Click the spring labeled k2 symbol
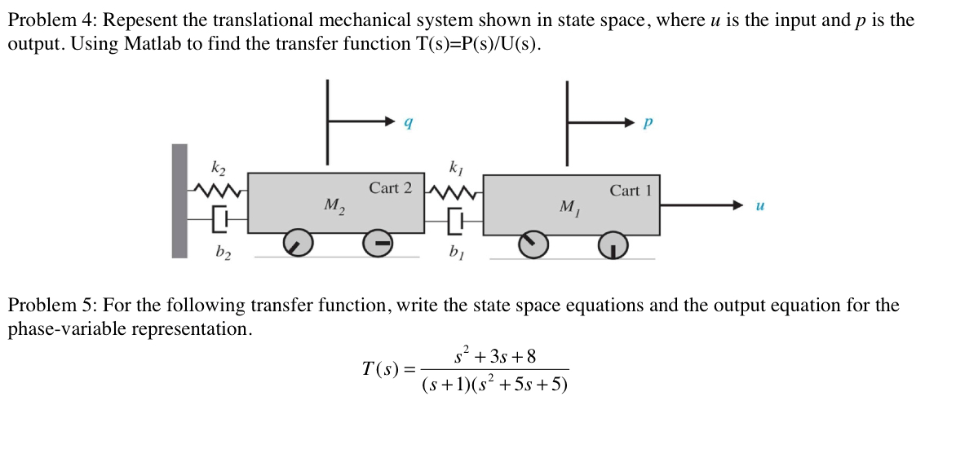218,192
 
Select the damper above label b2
221,220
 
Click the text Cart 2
390,188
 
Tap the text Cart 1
631,191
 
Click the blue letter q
409,123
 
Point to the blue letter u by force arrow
759,206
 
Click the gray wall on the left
179,201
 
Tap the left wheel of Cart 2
298,244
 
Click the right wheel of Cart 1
613,246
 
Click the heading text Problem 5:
52,305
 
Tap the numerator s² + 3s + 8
496,355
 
